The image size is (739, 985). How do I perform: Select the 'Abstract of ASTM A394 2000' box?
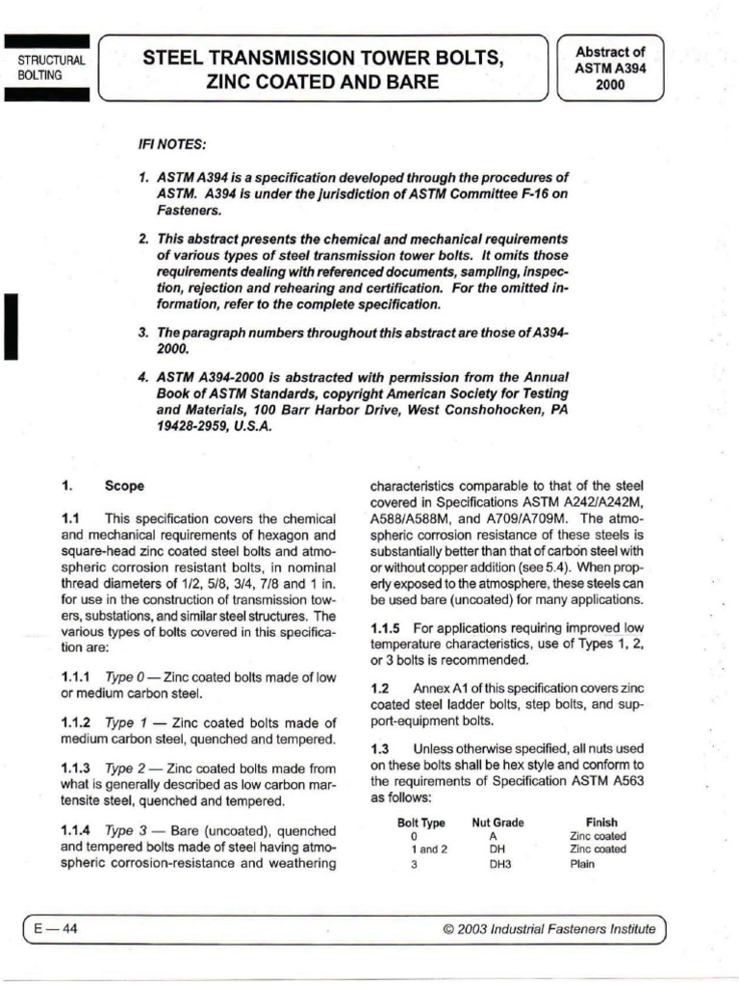coord(609,67)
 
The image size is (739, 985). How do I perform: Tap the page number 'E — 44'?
coord(57,928)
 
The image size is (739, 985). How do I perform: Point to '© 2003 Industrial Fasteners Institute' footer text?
coord(548,929)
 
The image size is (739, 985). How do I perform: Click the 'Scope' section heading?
coord(124,486)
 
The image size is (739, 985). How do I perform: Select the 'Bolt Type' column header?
coord(420,822)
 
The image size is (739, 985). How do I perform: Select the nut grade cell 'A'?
coord(493,836)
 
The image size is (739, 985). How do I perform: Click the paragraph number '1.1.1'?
coord(77,678)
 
